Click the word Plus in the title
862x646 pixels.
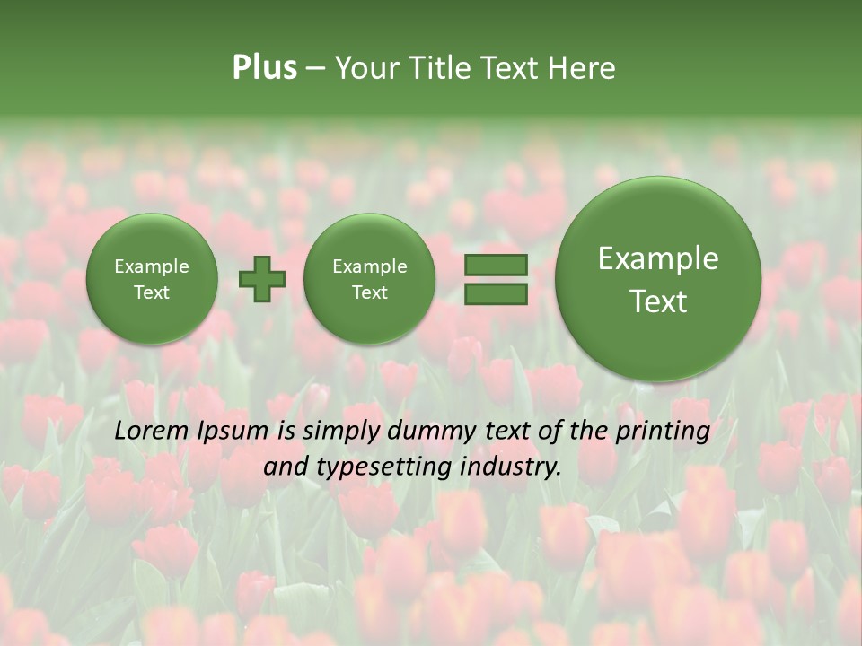(x=264, y=68)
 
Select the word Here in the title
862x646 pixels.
(x=584, y=68)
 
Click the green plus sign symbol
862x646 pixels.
(x=261, y=279)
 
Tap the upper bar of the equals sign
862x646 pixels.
(x=496, y=265)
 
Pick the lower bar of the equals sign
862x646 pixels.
(x=496, y=293)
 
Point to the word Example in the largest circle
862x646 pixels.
(x=658, y=258)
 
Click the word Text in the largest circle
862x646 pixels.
(x=658, y=301)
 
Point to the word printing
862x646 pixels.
(x=663, y=432)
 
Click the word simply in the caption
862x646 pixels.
(x=336, y=432)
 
